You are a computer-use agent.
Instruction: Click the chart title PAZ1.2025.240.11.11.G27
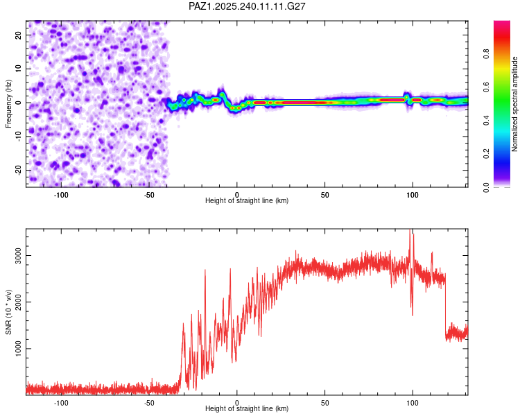pos(247,6)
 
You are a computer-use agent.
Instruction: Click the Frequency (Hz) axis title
pos(8,104)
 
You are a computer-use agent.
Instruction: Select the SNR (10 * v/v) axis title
pos(8,312)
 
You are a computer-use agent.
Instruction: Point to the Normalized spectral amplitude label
pos(514,104)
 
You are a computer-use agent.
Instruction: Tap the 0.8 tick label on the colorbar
pos(486,53)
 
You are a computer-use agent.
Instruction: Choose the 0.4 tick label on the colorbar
pos(486,121)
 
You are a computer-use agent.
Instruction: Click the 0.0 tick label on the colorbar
pos(486,187)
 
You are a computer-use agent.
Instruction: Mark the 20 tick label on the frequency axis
pos(18,35)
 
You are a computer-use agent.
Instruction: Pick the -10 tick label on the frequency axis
pos(18,136)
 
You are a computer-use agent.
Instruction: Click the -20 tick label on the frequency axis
pos(18,170)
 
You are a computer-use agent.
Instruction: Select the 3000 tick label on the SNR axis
pos(18,255)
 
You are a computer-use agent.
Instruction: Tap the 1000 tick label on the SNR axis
pos(18,348)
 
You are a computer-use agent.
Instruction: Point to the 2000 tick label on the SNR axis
pos(18,302)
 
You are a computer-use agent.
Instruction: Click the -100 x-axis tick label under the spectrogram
pos(61,195)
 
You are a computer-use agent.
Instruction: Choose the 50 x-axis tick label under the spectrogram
pos(324,195)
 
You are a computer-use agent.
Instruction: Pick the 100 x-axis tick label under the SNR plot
pos(413,403)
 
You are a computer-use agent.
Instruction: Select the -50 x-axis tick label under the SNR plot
pos(149,403)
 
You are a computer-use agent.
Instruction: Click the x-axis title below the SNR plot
pos(247,408)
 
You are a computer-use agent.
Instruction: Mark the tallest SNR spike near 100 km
pos(410,229)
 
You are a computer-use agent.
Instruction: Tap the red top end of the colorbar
pos(502,22)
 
